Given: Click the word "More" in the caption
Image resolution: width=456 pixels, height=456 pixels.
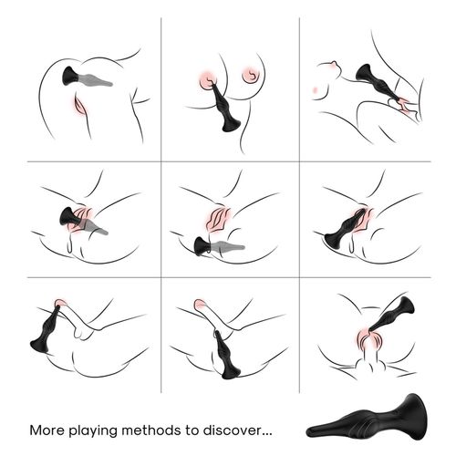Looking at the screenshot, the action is pyautogui.click(x=47, y=430).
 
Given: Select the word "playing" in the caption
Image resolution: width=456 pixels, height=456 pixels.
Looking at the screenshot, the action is pyautogui.click(x=93, y=431).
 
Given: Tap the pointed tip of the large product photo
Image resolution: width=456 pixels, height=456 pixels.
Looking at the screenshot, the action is pyautogui.click(x=308, y=431).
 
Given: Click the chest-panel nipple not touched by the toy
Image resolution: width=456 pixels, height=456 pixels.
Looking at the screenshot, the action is pyautogui.click(x=251, y=75).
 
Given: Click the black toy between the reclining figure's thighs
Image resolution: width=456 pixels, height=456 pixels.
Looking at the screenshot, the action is pyautogui.click(x=377, y=83).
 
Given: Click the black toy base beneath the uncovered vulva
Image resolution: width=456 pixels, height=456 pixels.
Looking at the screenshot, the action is pyautogui.click(x=202, y=246).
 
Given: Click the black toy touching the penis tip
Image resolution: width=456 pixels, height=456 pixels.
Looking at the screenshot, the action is pyautogui.click(x=46, y=330).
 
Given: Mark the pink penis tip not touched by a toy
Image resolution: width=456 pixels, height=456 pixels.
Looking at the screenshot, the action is pyautogui.click(x=200, y=304).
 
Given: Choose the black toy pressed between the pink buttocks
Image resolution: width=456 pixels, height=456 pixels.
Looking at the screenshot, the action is pyautogui.click(x=392, y=316).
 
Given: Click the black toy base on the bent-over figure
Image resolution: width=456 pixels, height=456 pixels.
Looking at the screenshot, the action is pyautogui.click(x=71, y=76).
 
